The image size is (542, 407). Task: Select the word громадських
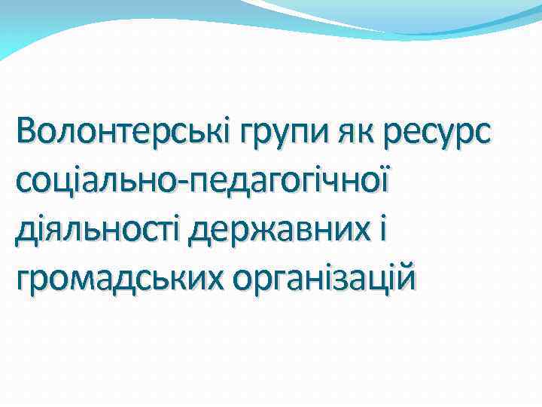point(120,280)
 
